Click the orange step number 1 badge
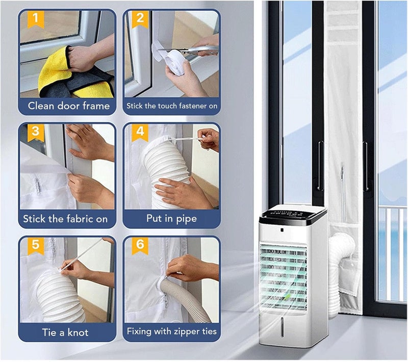pyautogui.click(x=36, y=19)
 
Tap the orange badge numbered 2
pyautogui.click(x=140, y=19)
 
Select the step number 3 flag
pyautogui.click(x=36, y=133)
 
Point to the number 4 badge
pyautogui.click(x=140, y=133)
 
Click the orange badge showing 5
pyautogui.click(x=36, y=246)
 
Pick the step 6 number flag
pyautogui.click(x=140, y=246)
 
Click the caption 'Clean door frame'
pyautogui.click(x=69, y=106)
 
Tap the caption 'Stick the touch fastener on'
pyautogui.click(x=172, y=106)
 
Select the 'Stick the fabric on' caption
pyautogui.click(x=65, y=219)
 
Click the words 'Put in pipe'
pyautogui.click(x=171, y=219)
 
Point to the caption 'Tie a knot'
pyautogui.click(x=65, y=332)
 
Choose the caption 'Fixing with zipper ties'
pyautogui.click(x=172, y=331)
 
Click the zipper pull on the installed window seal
pyautogui.click(x=342, y=173)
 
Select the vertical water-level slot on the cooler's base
pyautogui.click(x=283, y=328)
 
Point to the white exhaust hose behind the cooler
pyautogui.click(x=338, y=273)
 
